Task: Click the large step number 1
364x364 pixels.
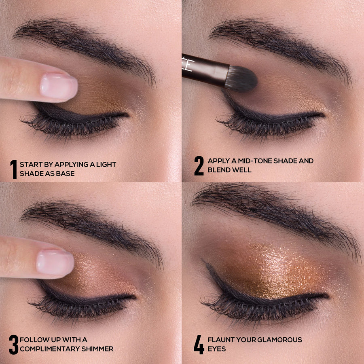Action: tap(13, 169)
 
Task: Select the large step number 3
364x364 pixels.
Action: tap(13, 344)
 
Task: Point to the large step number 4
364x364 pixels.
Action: tap(199, 344)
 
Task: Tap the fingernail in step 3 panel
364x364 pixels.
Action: tap(55, 262)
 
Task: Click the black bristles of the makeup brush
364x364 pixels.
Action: tap(241, 78)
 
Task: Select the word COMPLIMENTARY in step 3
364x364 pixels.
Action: tap(49, 349)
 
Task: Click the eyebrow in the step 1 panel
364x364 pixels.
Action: tap(85, 40)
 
